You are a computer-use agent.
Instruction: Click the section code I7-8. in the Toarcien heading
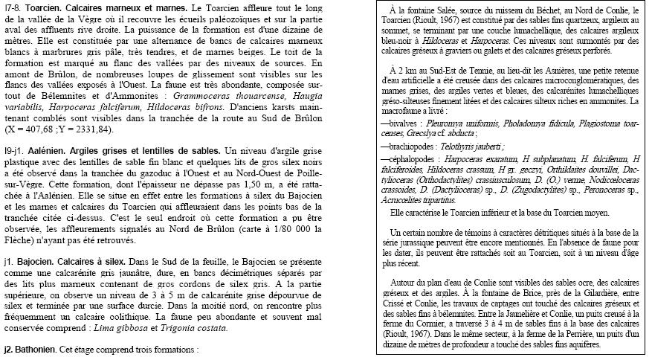coord(14,7)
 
